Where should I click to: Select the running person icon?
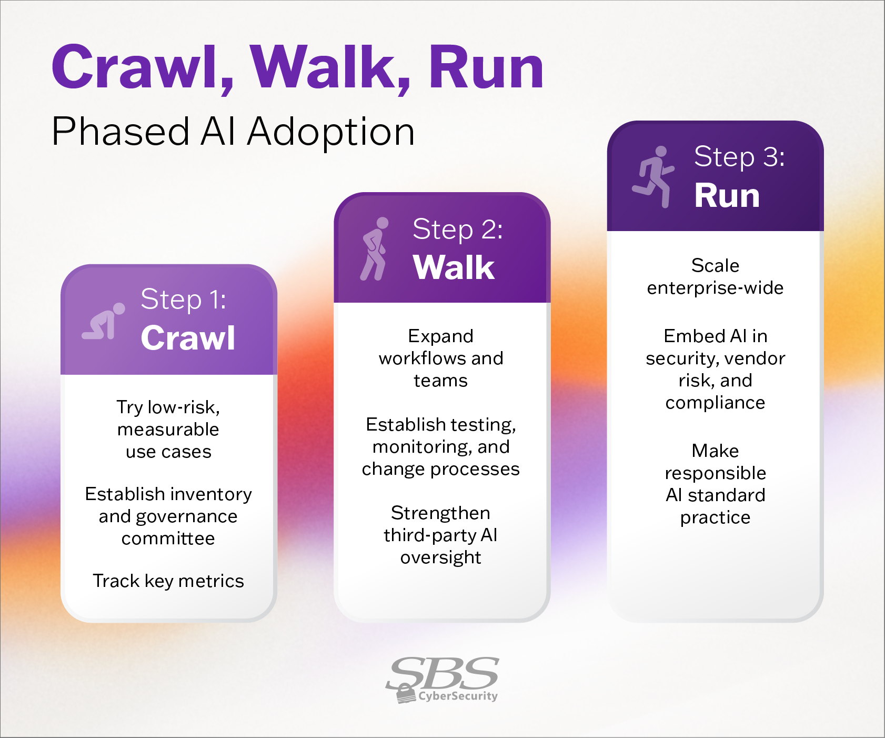click(653, 177)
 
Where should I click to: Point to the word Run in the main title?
click(486, 67)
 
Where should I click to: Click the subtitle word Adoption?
click(331, 132)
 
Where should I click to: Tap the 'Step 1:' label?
click(183, 300)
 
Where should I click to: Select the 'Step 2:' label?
click(457, 230)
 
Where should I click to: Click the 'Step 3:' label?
click(739, 157)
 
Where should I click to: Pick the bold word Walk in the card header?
click(454, 267)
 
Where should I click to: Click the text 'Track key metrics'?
click(168, 581)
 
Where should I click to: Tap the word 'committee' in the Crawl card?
click(168, 538)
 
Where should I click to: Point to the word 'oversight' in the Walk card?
click(441, 557)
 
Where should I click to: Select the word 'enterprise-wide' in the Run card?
click(715, 288)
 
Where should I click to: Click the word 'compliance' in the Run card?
click(715, 403)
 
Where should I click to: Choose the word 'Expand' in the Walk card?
click(441, 336)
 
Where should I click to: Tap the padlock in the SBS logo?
click(405, 693)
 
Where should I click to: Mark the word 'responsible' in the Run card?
click(715, 473)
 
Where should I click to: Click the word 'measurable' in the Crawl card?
click(168, 430)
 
